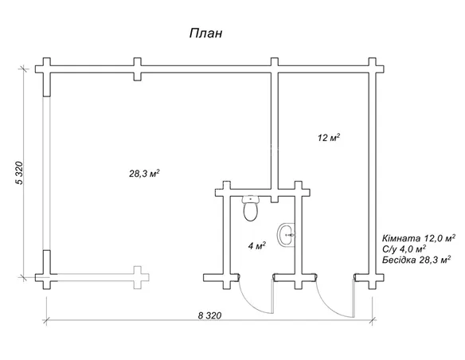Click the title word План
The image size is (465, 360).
pos(205,33)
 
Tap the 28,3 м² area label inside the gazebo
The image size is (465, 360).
pos(144,173)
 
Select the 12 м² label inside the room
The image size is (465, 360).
pos(329,138)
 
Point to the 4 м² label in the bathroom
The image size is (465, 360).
pos(257,245)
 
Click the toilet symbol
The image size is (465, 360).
pos(251,208)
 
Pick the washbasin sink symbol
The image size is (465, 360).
pos(286,234)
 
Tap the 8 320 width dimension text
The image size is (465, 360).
pos(209,315)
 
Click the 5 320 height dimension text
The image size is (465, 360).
pos(19,173)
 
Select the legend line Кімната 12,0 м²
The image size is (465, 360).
pos(419,238)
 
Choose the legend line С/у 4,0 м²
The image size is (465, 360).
pos(404,248)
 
